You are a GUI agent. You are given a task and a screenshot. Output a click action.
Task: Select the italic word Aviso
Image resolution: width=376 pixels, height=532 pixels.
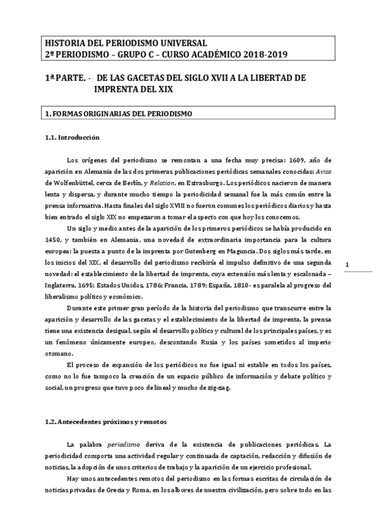click(322, 171)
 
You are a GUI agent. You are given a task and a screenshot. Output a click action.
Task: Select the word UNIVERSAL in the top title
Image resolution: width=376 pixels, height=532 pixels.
click(180, 43)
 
